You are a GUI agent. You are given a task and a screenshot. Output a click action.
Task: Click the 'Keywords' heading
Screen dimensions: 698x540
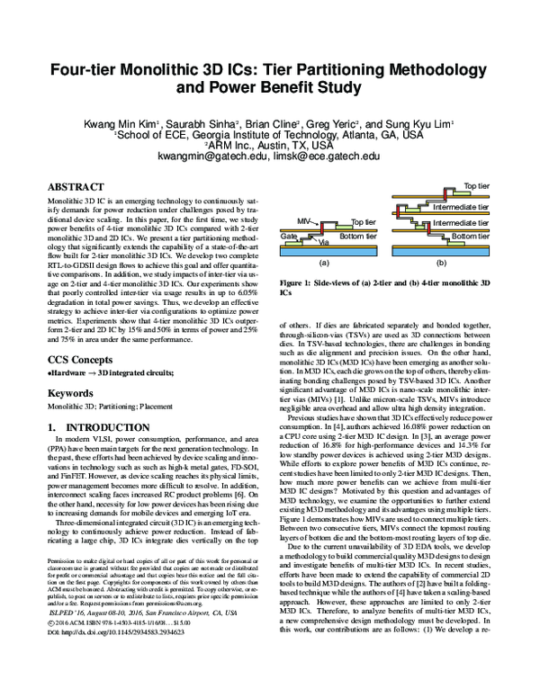click(x=71, y=393)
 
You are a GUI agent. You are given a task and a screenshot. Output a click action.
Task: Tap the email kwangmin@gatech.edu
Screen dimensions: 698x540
click(x=205, y=157)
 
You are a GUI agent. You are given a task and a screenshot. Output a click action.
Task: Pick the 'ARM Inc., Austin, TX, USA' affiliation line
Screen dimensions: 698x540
click(x=270, y=145)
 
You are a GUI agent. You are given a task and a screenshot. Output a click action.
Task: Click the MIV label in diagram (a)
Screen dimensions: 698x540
click(x=304, y=219)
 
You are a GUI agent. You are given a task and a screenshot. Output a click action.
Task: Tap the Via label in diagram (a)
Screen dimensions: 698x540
click(x=325, y=241)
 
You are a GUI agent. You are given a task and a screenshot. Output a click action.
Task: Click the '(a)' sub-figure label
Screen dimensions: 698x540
click(x=326, y=263)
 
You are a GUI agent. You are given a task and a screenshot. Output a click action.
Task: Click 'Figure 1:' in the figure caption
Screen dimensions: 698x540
click(x=298, y=283)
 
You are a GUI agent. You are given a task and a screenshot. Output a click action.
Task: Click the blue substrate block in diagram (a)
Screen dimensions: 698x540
click(x=326, y=249)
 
